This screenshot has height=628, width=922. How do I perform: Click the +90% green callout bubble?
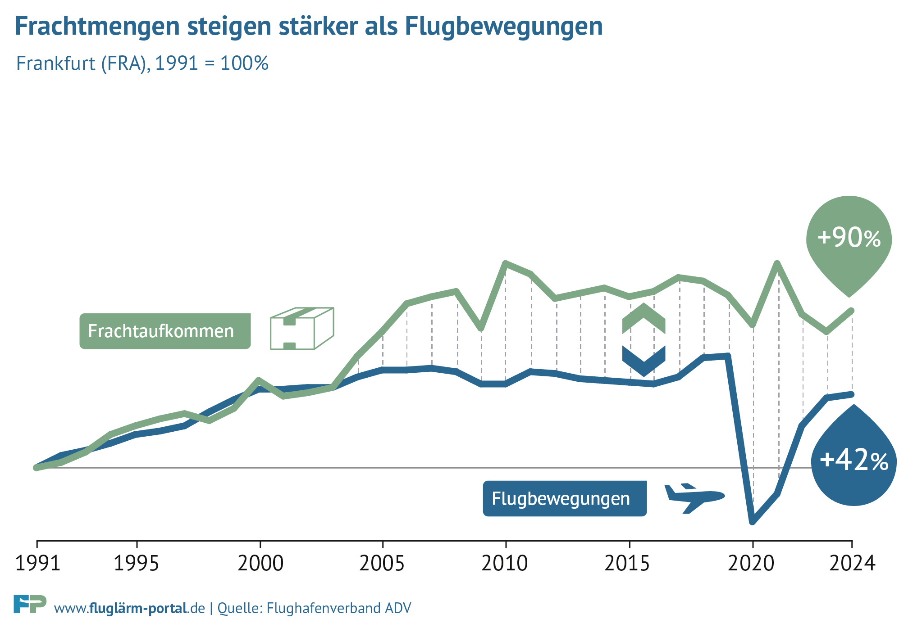pos(849,239)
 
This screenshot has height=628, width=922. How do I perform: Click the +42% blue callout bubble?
pos(854,461)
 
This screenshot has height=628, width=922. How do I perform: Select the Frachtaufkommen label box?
pos(165,331)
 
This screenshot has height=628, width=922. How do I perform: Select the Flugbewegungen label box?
pos(565,499)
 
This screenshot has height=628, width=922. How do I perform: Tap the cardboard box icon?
pos(301,329)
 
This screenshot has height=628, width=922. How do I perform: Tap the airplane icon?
pos(694,497)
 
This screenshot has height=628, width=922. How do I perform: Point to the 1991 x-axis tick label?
pos(37,563)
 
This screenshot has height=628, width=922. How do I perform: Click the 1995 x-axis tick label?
pos(137,563)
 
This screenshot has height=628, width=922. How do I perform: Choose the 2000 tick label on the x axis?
pos(260,563)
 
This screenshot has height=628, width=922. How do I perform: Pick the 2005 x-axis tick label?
pos(382,563)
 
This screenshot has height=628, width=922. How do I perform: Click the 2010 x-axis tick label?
pos(505,563)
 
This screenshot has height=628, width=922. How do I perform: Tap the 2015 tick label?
pos(628,563)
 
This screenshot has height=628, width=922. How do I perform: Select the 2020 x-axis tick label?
pos(751,563)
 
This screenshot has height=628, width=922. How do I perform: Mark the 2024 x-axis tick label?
pos(852,563)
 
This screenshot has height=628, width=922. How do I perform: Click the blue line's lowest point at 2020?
pos(752,522)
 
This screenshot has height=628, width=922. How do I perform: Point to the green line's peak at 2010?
pos(506,263)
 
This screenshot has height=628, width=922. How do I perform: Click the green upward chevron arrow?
pos(644,317)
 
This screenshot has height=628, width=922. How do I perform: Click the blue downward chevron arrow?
pos(644,361)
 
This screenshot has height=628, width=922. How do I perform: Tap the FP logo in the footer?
pos(30,604)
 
